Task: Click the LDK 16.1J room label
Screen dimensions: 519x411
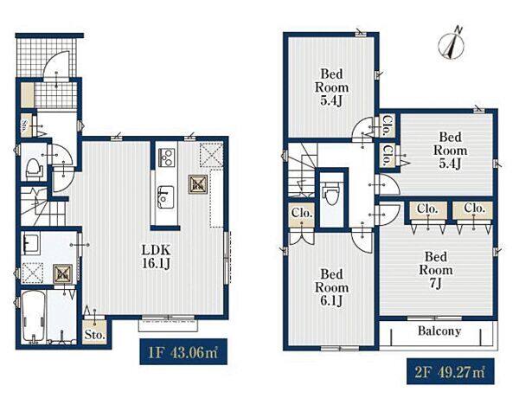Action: tap(157, 256)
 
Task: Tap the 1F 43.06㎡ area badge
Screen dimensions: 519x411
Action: tap(183, 351)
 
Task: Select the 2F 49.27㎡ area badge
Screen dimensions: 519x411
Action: tap(450, 371)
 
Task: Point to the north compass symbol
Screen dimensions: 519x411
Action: tap(451, 44)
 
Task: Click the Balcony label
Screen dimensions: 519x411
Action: tap(439, 331)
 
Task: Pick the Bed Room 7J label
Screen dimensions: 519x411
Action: tap(436, 270)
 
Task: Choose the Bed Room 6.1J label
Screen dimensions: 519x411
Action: tap(331, 287)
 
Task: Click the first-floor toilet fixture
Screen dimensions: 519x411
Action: tap(34, 170)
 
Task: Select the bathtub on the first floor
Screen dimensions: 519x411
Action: tap(33, 316)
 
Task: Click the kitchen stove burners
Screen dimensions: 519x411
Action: tap(166, 157)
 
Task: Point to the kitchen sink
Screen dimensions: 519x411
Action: tap(165, 196)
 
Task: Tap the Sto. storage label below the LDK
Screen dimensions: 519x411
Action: tap(94, 335)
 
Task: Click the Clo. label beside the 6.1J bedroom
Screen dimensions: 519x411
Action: tap(302, 213)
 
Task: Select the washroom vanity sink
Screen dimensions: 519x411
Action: tap(30, 243)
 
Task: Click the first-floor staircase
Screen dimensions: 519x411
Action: tap(43, 206)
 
